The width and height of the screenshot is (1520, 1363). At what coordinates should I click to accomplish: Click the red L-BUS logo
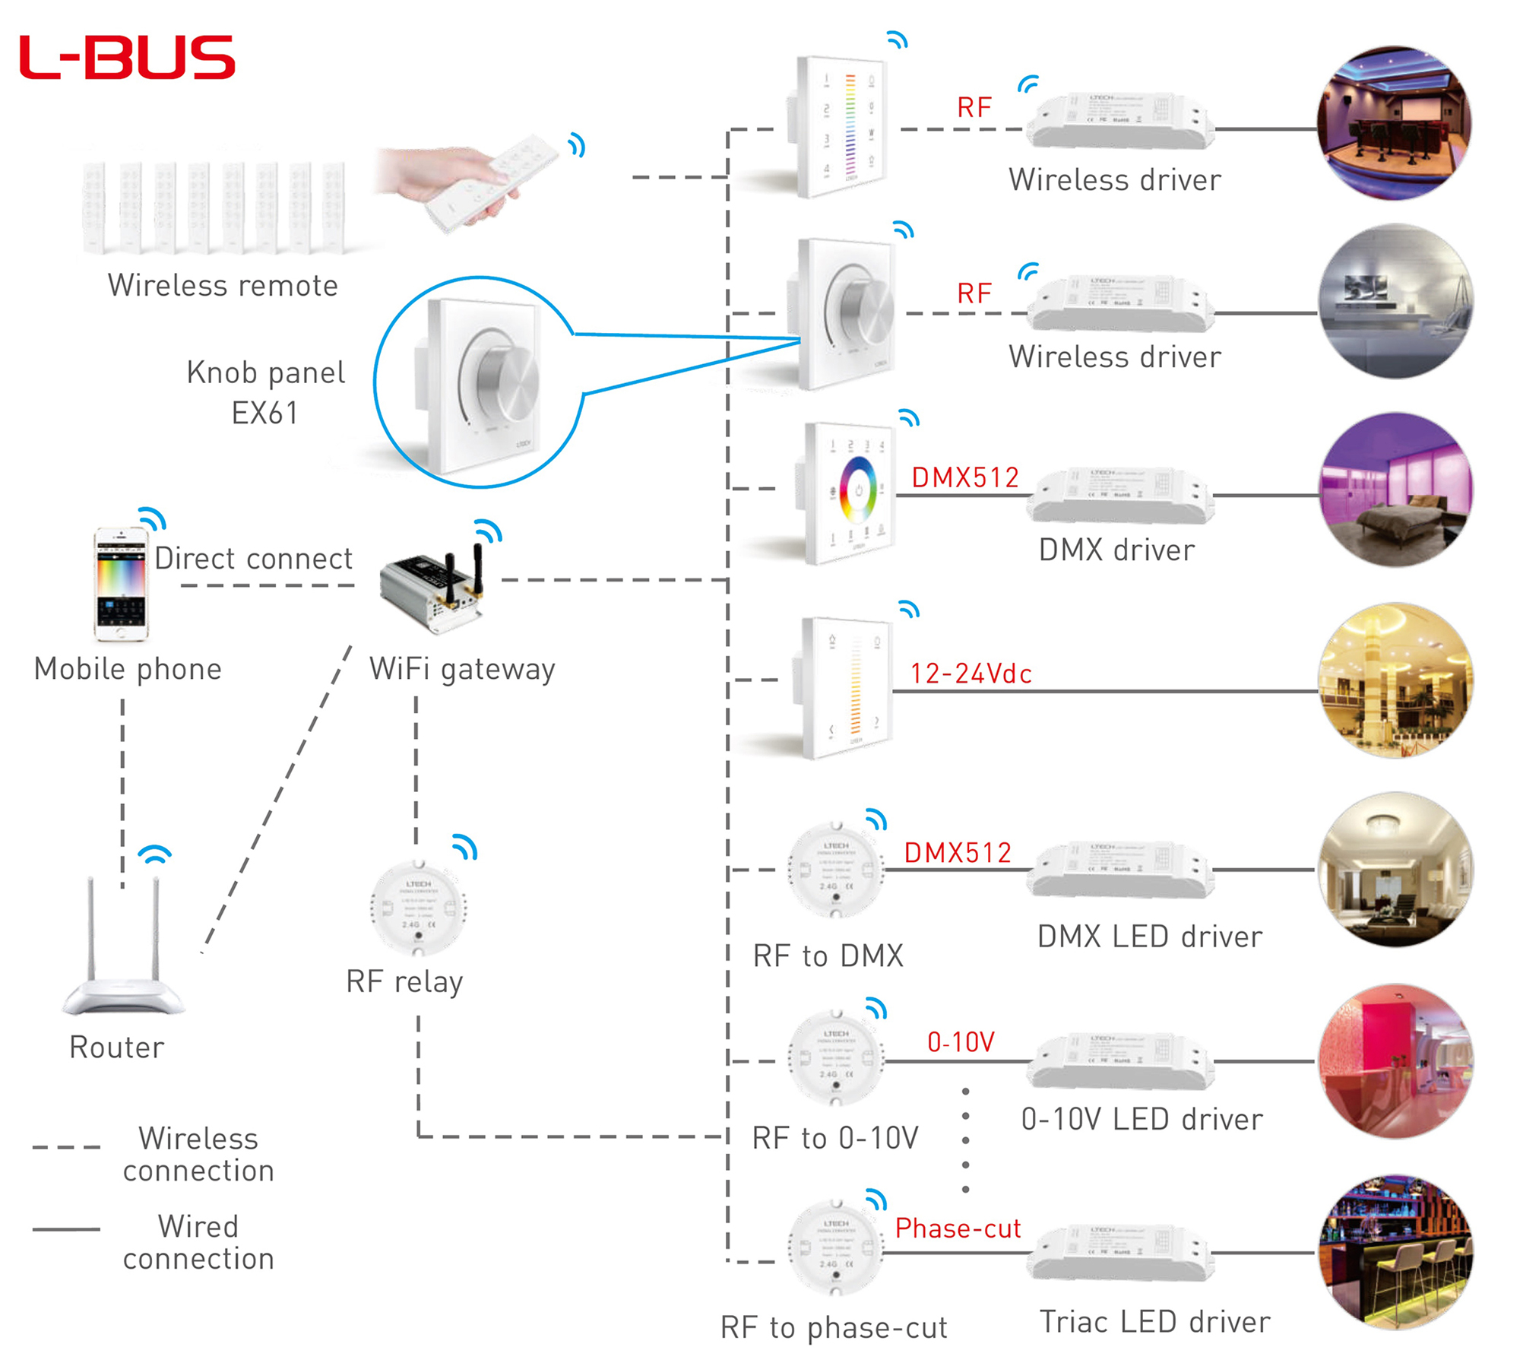(x=127, y=57)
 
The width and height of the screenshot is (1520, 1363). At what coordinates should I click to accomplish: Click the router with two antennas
(x=123, y=950)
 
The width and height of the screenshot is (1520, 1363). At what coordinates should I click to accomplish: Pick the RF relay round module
(x=418, y=908)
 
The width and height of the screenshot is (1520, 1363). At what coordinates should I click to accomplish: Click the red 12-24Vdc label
(x=971, y=674)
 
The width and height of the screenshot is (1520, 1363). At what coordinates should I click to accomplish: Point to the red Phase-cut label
(x=958, y=1228)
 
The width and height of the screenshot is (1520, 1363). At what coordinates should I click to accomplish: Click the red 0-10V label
(x=961, y=1041)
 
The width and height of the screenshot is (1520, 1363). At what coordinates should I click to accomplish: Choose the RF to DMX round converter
(x=836, y=870)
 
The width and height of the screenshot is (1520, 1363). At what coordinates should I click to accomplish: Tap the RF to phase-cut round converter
(x=836, y=1247)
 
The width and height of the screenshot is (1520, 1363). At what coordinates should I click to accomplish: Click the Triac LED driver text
(x=1154, y=1322)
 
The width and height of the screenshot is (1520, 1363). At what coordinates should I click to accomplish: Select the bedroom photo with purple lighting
(x=1395, y=491)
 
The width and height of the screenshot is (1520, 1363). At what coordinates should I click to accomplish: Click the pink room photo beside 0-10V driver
(x=1395, y=1061)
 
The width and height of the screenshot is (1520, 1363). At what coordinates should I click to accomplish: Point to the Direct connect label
(x=253, y=559)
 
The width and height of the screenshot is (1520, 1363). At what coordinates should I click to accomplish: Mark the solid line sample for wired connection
(x=66, y=1228)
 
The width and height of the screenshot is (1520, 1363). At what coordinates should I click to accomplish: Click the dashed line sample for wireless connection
(x=66, y=1146)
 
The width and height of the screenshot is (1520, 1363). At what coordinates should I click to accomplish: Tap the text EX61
(x=264, y=414)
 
